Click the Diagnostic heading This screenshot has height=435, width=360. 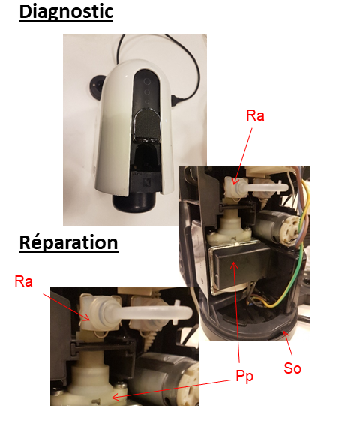tap(66, 12)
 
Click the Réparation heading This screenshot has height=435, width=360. tap(68, 242)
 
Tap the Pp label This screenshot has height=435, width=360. tap(244, 376)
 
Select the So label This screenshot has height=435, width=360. tap(292, 367)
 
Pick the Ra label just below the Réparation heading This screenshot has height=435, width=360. tap(23, 281)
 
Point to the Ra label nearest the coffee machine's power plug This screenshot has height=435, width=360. tap(255, 115)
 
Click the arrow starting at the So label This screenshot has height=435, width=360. tap(287, 343)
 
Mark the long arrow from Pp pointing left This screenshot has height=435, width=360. tap(171, 389)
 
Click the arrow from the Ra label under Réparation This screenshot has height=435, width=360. tap(67, 307)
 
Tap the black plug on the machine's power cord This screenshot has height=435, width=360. tap(175, 100)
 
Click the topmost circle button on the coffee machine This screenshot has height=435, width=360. tap(147, 82)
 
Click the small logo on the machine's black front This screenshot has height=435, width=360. tap(146, 182)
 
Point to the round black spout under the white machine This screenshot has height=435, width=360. tap(135, 203)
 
